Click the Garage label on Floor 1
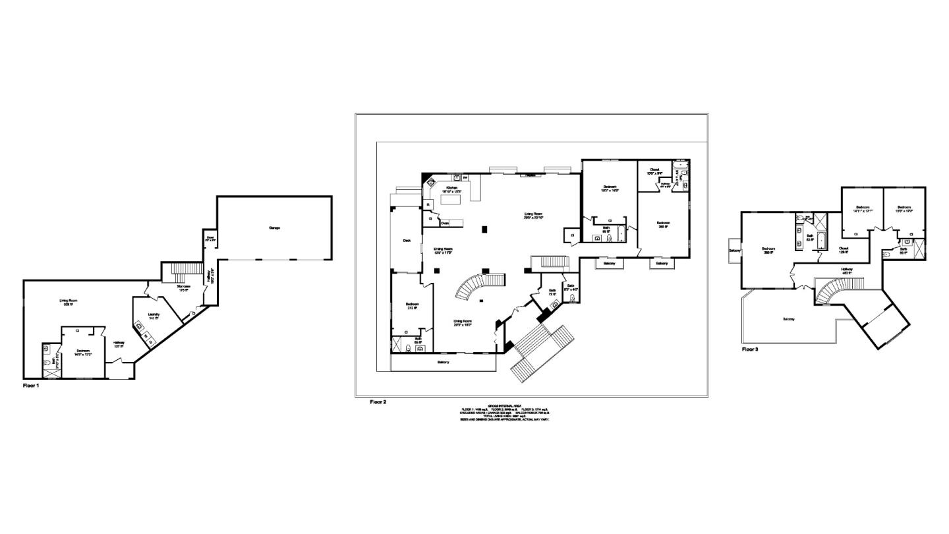pyautogui.click(x=274, y=228)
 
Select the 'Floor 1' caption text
pyautogui.click(x=31, y=386)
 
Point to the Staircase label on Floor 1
pyautogui.click(x=184, y=287)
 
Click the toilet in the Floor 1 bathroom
pyautogui.click(x=47, y=362)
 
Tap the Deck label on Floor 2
pyautogui.click(x=407, y=241)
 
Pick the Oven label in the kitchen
pyautogui.click(x=445, y=223)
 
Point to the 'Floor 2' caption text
pyautogui.click(x=378, y=401)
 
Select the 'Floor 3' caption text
pyautogui.click(x=750, y=349)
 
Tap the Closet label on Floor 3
pyautogui.click(x=843, y=250)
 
